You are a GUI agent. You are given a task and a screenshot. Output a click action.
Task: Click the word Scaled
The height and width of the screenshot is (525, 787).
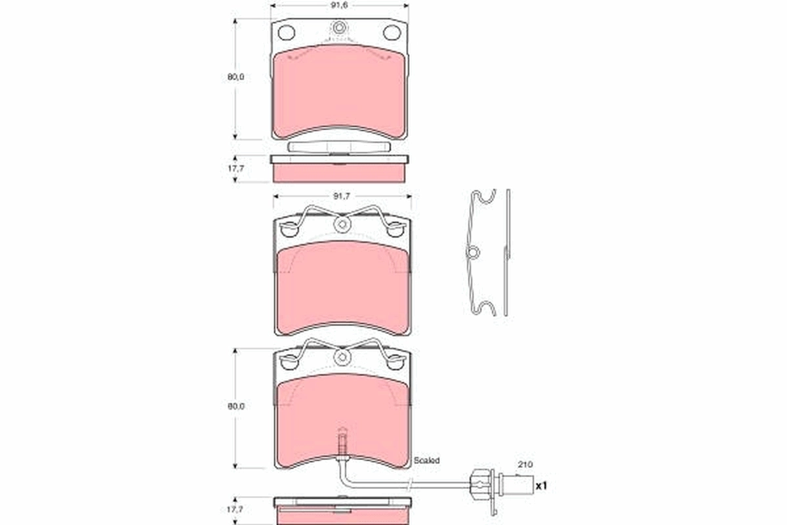[x=426, y=461]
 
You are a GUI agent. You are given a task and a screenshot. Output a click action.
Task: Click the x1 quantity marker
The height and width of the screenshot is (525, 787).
[x=541, y=486]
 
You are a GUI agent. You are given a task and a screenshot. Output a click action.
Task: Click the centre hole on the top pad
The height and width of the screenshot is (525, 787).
[x=339, y=29]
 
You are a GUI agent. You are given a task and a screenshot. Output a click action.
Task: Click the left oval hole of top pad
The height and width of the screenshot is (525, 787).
[x=287, y=32]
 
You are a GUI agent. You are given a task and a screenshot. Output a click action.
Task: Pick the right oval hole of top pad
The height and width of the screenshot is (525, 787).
[x=392, y=32]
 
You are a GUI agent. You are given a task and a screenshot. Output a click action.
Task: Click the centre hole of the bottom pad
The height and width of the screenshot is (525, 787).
[x=341, y=358]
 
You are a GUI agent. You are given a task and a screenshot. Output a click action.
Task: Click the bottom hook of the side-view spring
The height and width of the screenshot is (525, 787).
[x=485, y=308]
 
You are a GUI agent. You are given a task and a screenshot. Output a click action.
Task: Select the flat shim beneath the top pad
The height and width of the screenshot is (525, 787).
[x=339, y=147]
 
